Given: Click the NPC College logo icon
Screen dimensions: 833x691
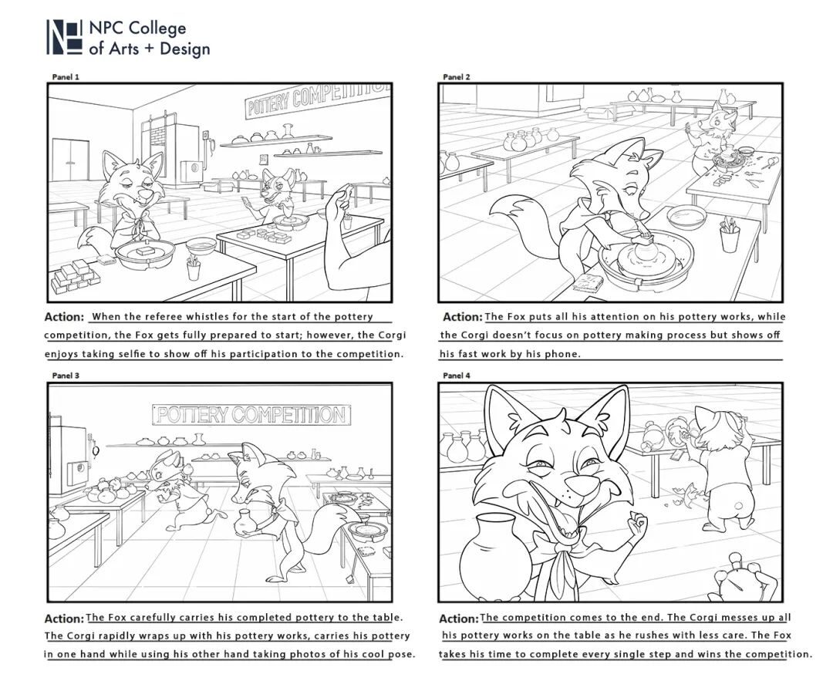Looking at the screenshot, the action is click(x=64, y=37).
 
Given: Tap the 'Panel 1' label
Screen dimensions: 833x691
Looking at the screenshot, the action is click(x=66, y=76).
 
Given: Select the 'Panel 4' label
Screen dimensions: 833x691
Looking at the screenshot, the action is click(x=457, y=376).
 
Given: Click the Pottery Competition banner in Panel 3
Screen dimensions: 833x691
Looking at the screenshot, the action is click(x=251, y=415).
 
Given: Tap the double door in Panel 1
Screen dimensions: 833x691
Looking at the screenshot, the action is click(x=71, y=160).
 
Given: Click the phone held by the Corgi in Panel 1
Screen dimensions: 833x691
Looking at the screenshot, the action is click(x=245, y=202).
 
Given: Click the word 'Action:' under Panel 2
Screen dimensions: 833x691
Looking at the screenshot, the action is click(x=462, y=317).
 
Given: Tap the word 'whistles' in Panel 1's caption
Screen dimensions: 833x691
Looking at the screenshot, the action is click(x=211, y=316).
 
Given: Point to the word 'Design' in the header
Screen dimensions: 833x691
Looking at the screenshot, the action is click(x=185, y=49).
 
